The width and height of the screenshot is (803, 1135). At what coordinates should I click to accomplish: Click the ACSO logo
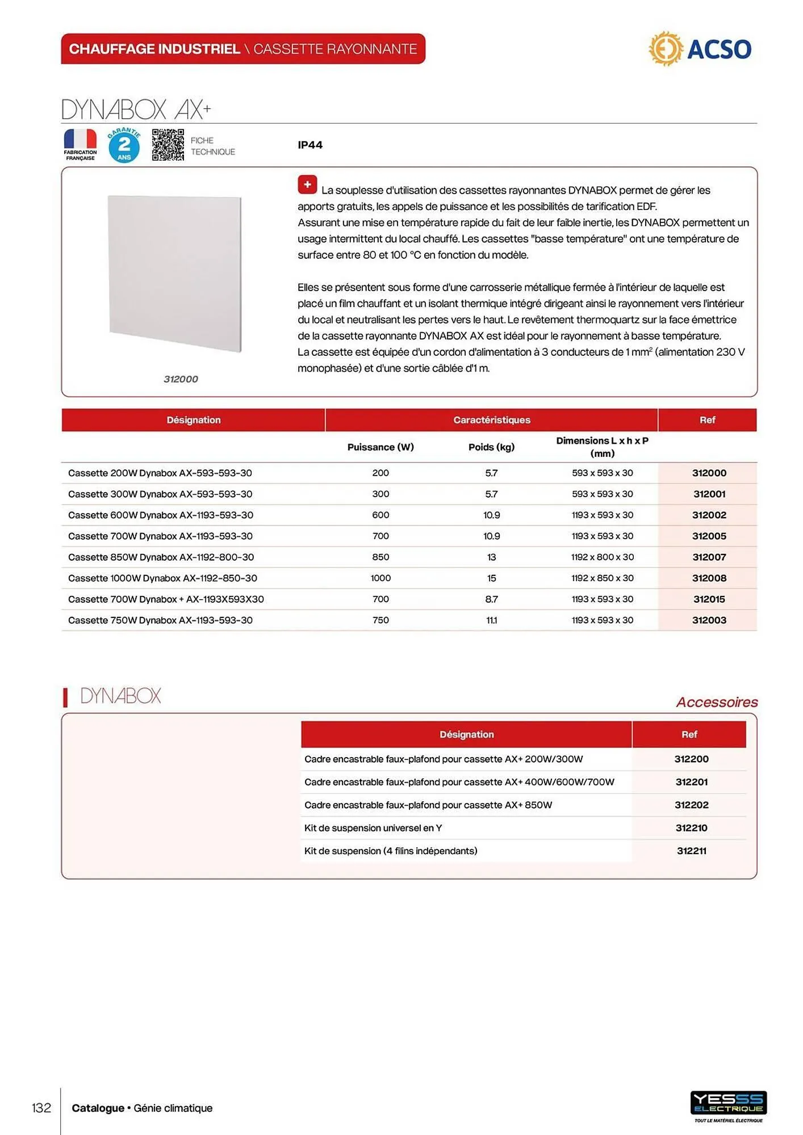(x=700, y=49)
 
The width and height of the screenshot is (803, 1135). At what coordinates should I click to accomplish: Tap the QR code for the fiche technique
(x=168, y=145)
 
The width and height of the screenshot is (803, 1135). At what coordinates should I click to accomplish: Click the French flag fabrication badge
(x=80, y=144)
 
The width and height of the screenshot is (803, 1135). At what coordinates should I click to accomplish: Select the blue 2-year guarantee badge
(x=124, y=145)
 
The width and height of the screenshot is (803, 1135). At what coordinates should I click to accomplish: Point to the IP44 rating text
(x=310, y=145)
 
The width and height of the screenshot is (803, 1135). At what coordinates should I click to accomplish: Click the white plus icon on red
(x=307, y=184)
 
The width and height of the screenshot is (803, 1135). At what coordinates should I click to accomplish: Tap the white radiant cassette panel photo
(x=175, y=274)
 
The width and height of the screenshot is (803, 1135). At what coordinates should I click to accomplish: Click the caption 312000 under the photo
(x=181, y=379)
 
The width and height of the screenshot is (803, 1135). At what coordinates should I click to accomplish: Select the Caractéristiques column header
(x=491, y=420)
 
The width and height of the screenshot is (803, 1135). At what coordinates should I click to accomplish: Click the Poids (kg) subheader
(x=491, y=447)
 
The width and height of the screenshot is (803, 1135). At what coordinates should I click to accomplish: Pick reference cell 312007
(x=709, y=557)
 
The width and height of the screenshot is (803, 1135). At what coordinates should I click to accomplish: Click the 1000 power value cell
(x=380, y=578)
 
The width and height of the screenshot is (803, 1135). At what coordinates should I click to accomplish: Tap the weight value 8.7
(x=491, y=599)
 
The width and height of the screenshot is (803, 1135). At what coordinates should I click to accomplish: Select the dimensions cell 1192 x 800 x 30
(x=602, y=557)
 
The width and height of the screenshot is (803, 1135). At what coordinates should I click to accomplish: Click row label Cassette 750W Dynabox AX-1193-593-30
(x=160, y=620)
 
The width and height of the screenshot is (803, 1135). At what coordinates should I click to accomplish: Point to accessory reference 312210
(x=691, y=828)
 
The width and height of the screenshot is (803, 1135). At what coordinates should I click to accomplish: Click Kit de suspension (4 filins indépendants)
(x=391, y=851)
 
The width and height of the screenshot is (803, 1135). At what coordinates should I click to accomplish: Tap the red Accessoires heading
(x=717, y=702)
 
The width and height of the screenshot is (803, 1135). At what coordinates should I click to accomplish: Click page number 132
(x=41, y=1108)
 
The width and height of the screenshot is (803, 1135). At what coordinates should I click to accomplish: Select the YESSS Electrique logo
(x=728, y=1104)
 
